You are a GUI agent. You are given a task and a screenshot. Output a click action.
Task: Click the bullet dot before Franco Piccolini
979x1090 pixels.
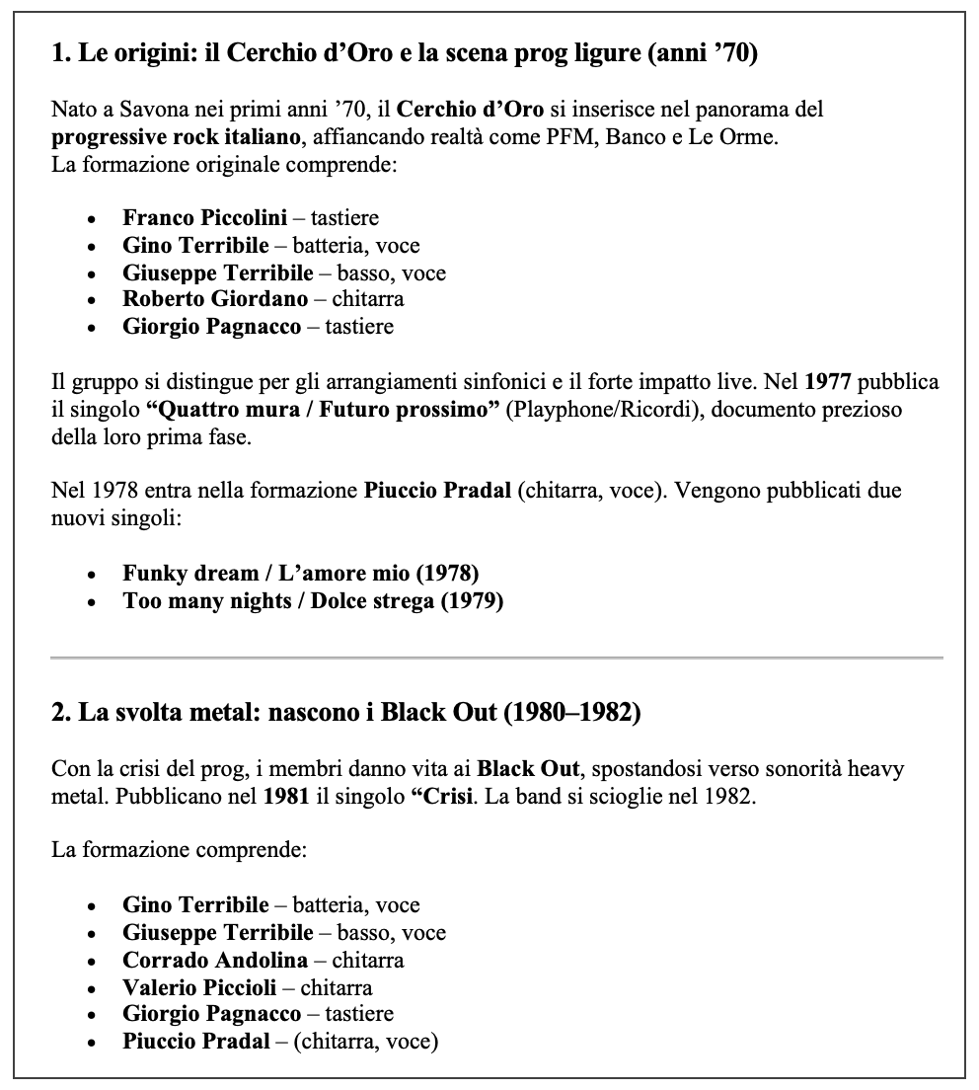(x=92, y=218)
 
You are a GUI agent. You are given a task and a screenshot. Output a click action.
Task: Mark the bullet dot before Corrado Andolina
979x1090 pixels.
(x=92, y=960)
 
